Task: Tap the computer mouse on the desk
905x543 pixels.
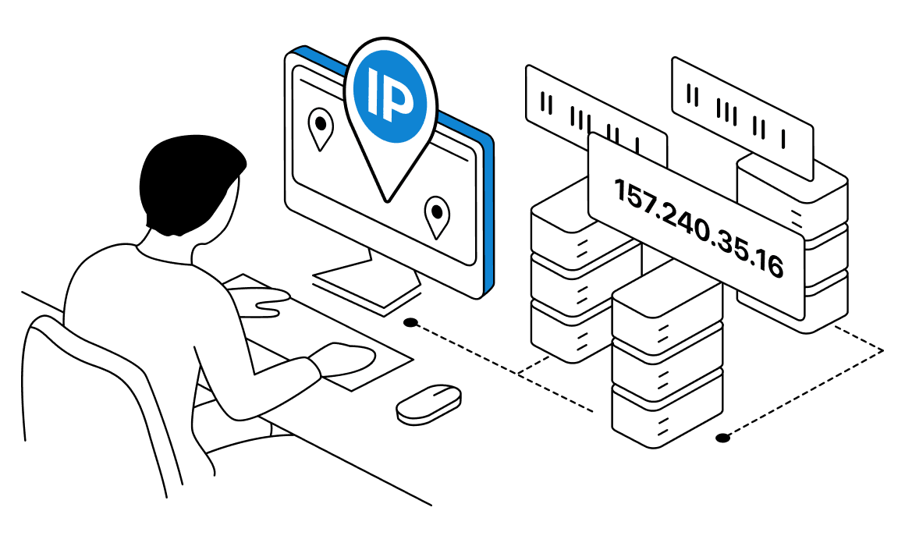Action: (428, 403)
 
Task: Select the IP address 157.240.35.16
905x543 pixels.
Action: (697, 227)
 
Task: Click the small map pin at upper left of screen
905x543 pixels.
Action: (320, 128)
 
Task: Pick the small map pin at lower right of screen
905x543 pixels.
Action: (437, 216)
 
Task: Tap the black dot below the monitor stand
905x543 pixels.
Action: (410, 322)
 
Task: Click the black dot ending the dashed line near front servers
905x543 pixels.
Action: (723, 438)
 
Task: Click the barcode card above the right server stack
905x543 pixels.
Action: (742, 107)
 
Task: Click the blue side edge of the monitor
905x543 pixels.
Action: (489, 211)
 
